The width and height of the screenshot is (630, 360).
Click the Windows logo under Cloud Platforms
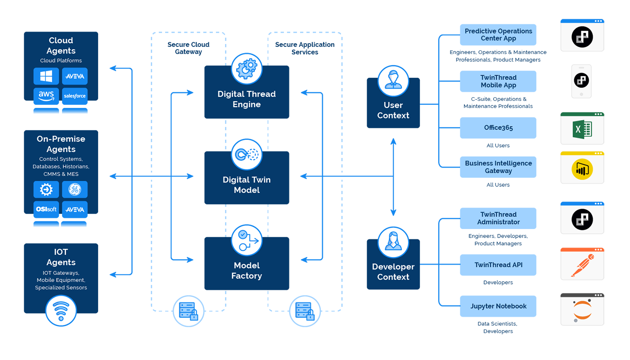click(x=46, y=76)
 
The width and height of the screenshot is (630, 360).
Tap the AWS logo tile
click(x=46, y=96)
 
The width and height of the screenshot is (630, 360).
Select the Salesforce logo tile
click(x=75, y=96)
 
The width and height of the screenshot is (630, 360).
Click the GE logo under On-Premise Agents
click(x=75, y=189)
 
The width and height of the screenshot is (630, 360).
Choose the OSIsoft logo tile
click(x=46, y=209)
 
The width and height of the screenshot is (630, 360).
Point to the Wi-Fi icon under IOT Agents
click(x=61, y=310)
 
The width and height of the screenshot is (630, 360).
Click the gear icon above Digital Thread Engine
click(x=247, y=69)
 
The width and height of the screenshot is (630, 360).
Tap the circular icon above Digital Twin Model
click(x=247, y=155)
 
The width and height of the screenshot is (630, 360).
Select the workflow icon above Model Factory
click(x=247, y=240)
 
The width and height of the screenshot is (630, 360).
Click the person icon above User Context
click(x=393, y=81)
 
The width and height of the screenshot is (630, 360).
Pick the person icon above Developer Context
click(x=393, y=243)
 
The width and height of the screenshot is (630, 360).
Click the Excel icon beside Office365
click(x=582, y=130)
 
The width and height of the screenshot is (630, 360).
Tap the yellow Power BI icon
click(x=582, y=170)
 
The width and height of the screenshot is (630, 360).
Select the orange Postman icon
click(x=582, y=265)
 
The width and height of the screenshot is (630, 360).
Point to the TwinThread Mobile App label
click(x=498, y=81)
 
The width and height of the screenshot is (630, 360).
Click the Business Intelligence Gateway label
click(x=498, y=167)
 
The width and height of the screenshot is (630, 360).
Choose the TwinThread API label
click(x=498, y=265)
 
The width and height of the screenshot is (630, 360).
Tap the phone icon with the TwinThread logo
click(x=582, y=81)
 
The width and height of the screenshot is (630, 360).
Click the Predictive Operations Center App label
click(x=498, y=35)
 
